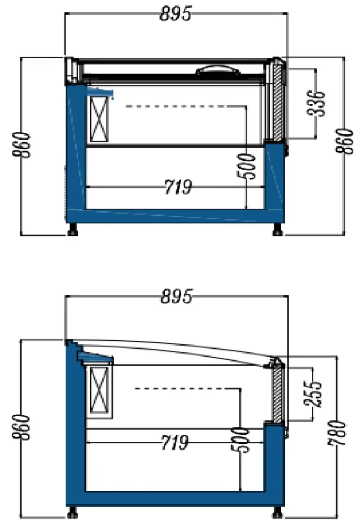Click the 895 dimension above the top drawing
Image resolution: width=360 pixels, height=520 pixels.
[x=176, y=14]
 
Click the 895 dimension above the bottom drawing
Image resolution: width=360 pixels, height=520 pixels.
[x=176, y=297]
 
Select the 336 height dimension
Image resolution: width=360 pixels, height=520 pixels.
[x=318, y=104]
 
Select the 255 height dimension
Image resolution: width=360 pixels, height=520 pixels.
[x=316, y=394]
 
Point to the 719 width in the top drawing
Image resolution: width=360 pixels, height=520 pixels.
[x=178, y=187]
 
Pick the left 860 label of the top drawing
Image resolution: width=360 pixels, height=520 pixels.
[x=22, y=146]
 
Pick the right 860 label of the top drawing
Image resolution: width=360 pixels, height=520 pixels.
[x=347, y=143]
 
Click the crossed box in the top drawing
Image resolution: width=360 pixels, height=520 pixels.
[x=99, y=119]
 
